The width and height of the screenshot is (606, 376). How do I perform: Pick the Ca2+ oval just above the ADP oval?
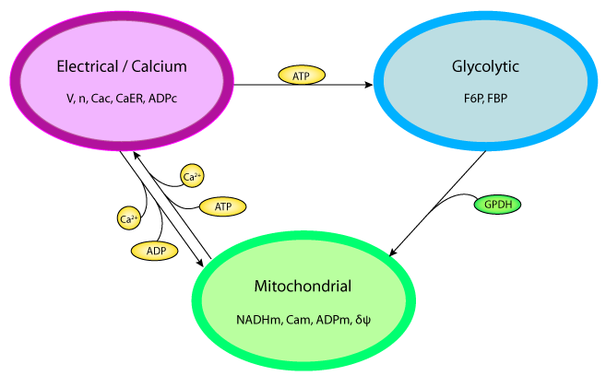(x=130, y=218)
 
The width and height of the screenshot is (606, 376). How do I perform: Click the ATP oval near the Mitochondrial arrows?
(x=222, y=207)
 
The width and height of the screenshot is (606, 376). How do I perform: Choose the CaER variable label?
(x=137, y=96)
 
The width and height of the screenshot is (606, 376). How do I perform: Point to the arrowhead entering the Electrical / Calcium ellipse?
(x=137, y=158)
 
